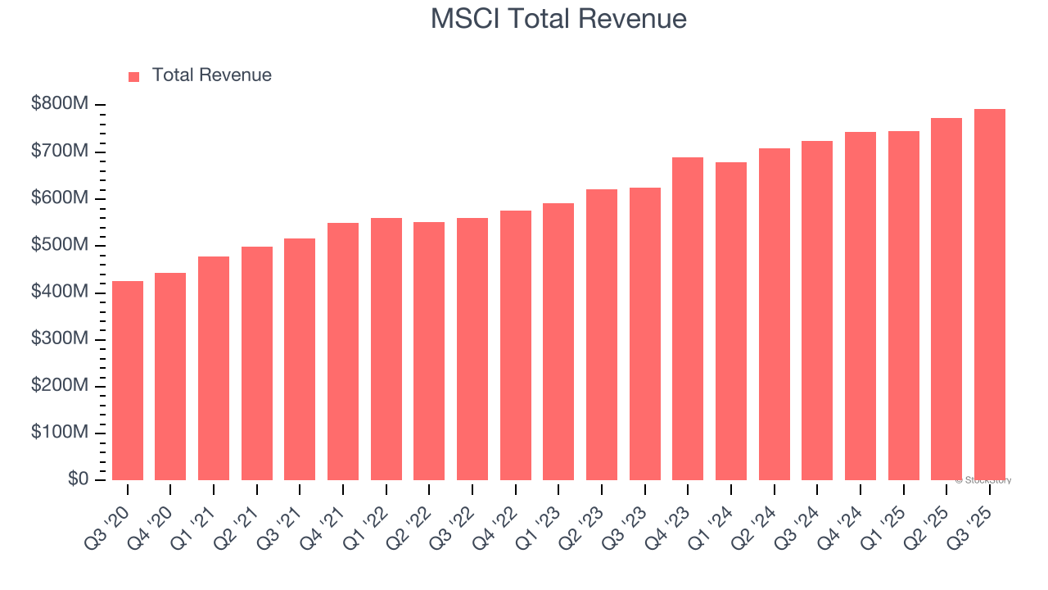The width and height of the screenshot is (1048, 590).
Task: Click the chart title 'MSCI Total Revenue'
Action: click(558, 19)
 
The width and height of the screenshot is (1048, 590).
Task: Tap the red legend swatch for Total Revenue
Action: click(134, 76)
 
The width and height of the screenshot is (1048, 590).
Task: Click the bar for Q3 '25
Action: click(989, 294)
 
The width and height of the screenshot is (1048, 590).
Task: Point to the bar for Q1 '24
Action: click(730, 320)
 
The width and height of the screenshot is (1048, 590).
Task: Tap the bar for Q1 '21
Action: click(214, 368)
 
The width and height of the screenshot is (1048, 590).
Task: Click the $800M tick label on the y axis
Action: click(61, 105)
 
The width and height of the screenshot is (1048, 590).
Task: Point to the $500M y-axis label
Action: click(61, 245)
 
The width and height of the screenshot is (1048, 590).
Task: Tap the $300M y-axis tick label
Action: click(61, 338)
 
